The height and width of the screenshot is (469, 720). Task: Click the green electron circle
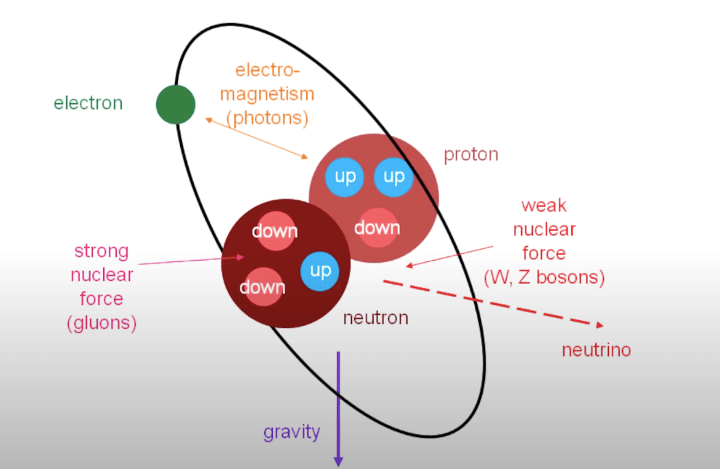tap(176, 105)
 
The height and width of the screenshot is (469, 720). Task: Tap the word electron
tap(88, 103)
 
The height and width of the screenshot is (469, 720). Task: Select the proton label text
tap(471, 155)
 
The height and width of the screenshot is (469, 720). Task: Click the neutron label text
tap(375, 318)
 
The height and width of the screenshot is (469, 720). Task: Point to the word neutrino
tap(596, 351)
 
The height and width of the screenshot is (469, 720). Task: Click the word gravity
tap(291, 432)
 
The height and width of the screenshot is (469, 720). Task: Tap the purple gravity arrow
tap(337, 407)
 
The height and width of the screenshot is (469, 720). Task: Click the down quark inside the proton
tap(377, 227)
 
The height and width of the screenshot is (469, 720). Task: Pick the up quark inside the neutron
tap(320, 271)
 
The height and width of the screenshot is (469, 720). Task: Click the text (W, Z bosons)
tap(544, 277)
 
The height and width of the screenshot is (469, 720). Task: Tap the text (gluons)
tap(101, 323)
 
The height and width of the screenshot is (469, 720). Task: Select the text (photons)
tap(267, 118)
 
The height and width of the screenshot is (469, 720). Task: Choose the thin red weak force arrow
tap(449, 256)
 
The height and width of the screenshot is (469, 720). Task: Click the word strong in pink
tap(101, 252)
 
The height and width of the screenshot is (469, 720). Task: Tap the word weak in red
tap(544, 206)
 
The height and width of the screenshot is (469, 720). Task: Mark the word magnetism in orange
tap(267, 94)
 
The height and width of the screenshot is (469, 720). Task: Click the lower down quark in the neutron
tap(262, 287)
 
